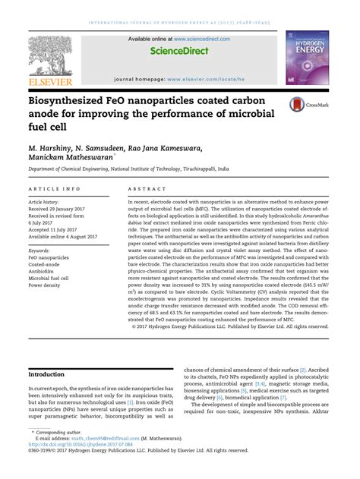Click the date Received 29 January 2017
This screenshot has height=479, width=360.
[58, 209]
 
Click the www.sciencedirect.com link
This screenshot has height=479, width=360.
[199, 38]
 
